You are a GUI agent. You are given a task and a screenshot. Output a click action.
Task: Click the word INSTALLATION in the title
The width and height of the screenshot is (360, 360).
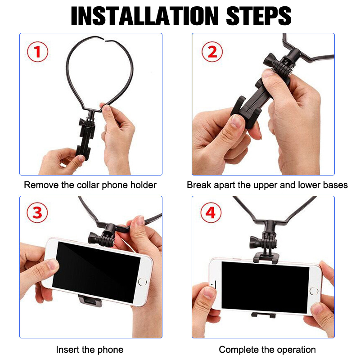click(x=144, y=16)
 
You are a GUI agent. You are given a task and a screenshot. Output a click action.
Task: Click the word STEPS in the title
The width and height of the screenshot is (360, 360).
click(x=259, y=16)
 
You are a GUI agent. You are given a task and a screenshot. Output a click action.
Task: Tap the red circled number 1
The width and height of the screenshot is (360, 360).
click(x=38, y=52)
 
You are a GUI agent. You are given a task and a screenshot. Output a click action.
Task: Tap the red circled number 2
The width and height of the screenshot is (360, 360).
click(x=212, y=52)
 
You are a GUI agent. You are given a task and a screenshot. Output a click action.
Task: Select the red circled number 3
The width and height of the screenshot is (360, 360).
click(x=37, y=212)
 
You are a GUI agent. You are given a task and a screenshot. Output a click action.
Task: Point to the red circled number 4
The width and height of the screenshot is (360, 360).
click(x=211, y=212)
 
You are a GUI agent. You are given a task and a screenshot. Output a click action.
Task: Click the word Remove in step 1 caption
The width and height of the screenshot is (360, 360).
click(x=41, y=185)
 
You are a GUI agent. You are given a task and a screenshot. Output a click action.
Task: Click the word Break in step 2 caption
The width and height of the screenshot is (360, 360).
click(x=199, y=185)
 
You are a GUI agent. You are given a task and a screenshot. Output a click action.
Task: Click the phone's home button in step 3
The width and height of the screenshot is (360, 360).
click(x=142, y=282)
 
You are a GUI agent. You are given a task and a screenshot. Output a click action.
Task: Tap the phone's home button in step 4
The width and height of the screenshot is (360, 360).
click(x=314, y=291)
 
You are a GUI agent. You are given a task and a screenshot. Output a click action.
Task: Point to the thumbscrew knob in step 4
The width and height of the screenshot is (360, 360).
click(x=255, y=242)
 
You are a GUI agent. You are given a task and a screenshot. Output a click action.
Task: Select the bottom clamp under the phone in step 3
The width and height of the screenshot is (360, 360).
click(x=90, y=301)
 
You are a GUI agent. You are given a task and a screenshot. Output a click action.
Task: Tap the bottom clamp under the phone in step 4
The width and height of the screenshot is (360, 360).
click(x=263, y=315)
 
